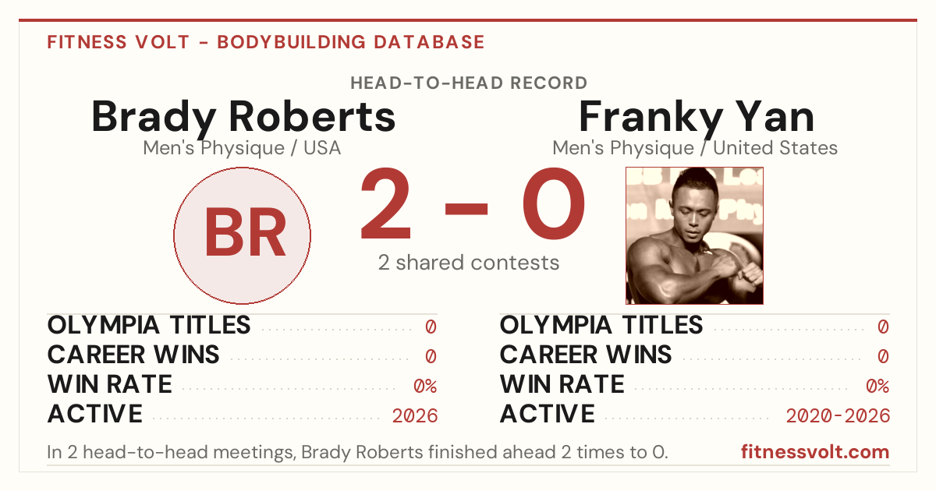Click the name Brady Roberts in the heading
(243, 118)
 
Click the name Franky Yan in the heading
(696, 118)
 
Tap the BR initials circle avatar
(243, 235)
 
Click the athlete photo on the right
(694, 235)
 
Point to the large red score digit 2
(386, 203)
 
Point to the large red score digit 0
(554, 203)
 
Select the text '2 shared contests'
(469, 263)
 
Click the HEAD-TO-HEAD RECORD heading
(469, 83)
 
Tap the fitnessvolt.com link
(815, 452)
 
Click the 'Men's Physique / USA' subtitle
(242, 148)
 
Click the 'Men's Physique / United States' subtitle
(695, 148)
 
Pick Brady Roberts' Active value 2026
(415, 416)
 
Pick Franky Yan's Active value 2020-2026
(838, 416)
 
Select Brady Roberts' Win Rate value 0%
(425, 387)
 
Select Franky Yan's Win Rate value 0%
(877, 387)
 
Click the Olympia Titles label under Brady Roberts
(149, 325)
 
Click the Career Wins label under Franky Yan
(586, 355)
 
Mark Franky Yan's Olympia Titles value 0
(883, 327)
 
